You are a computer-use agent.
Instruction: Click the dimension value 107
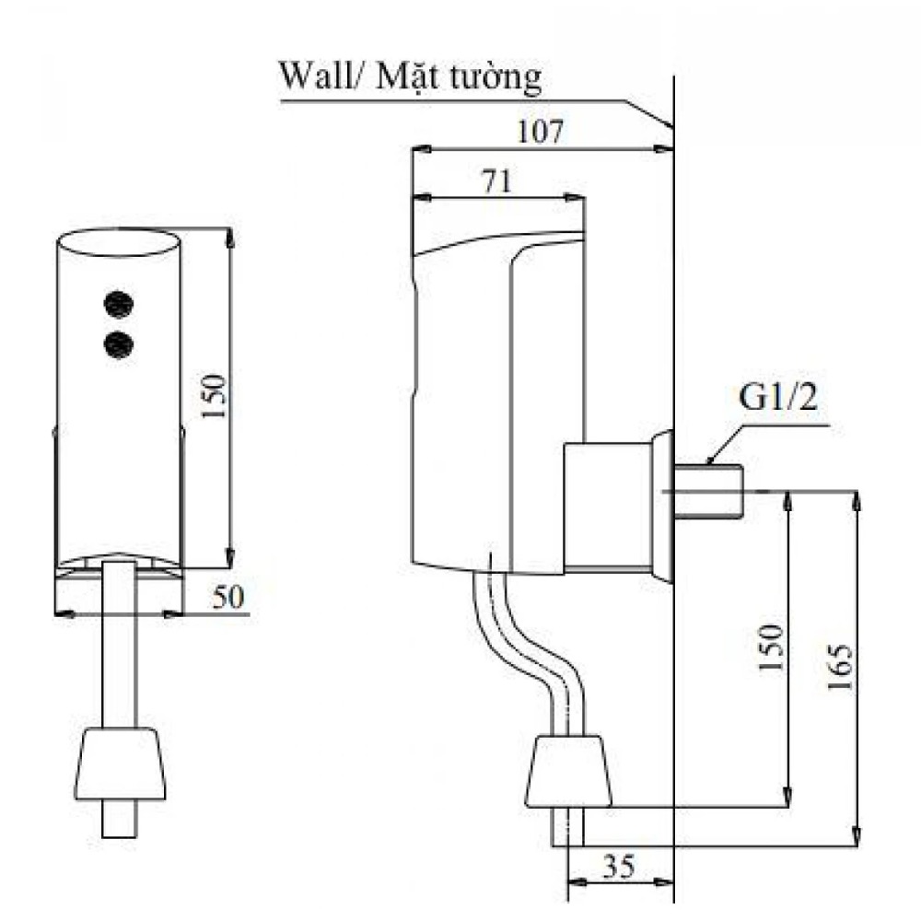click(x=541, y=132)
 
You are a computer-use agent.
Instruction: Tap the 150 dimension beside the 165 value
click(x=772, y=647)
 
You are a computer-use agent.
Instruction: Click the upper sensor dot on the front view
click(x=118, y=301)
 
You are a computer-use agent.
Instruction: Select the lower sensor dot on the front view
click(x=118, y=344)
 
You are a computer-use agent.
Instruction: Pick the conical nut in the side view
click(x=567, y=769)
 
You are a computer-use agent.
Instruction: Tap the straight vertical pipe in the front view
click(x=119, y=645)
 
